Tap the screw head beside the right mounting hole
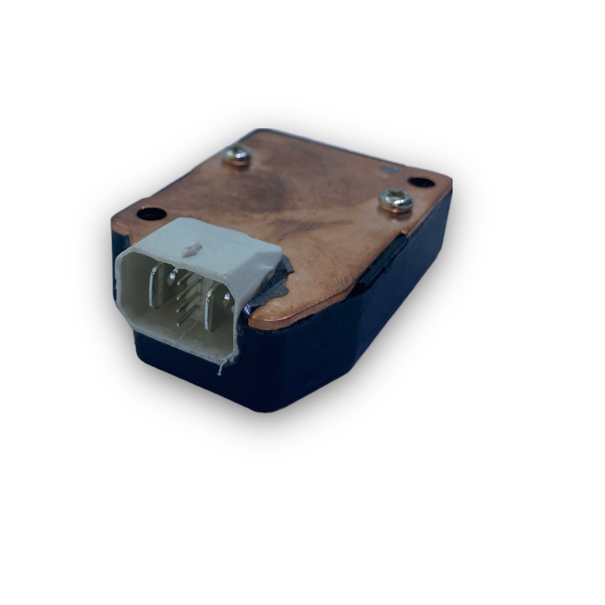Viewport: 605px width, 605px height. point(395,200)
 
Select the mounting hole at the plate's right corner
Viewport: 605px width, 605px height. point(421,182)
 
